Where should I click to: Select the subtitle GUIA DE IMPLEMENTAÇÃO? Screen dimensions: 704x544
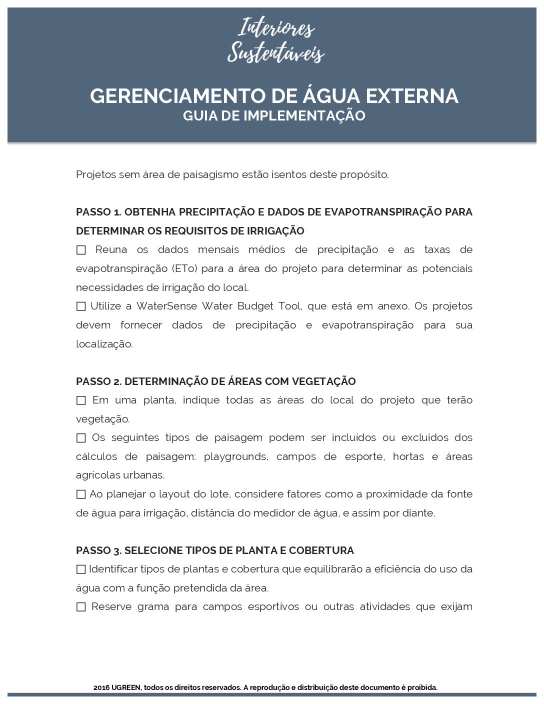274,115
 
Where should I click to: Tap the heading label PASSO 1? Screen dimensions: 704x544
98,212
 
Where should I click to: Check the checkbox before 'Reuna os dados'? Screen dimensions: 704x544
81,250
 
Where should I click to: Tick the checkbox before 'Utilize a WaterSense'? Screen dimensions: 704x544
81,306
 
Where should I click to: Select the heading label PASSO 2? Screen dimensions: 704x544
98,381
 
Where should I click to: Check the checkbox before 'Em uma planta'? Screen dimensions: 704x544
81,400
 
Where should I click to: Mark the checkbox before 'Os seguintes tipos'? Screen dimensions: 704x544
81,438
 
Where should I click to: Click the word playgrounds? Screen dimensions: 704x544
235,456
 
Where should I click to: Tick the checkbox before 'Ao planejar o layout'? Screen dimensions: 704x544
81,494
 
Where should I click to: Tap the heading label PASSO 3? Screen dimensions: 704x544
98,550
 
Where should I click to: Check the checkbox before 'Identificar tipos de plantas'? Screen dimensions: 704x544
81,569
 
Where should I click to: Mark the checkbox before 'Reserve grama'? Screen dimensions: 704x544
81,607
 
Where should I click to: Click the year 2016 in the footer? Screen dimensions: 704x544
101,687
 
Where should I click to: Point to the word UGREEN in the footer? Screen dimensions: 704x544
126,687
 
